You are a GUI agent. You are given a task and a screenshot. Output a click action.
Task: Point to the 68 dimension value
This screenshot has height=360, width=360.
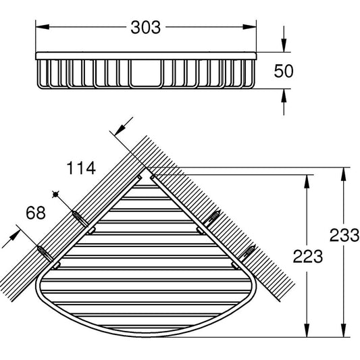click(35, 214)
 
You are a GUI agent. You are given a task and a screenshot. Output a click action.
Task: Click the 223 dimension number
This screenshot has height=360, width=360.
click(307, 256)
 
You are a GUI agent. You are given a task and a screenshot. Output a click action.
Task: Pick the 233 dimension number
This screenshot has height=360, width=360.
click(345, 236)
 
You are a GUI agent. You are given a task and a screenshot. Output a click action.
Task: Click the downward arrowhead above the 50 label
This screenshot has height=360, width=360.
click(283, 45)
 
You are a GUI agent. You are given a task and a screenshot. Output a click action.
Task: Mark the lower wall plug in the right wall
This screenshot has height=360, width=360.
click(247, 252)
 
